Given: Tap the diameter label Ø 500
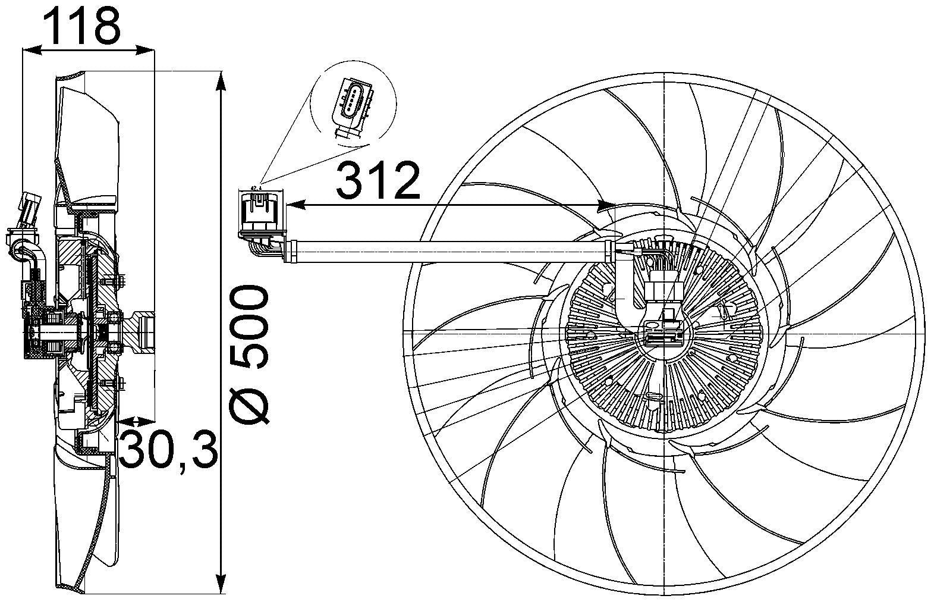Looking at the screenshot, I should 249,355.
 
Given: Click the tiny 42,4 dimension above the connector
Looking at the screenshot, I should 257,189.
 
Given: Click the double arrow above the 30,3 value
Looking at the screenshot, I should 136,421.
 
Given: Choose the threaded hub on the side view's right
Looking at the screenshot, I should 145,330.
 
